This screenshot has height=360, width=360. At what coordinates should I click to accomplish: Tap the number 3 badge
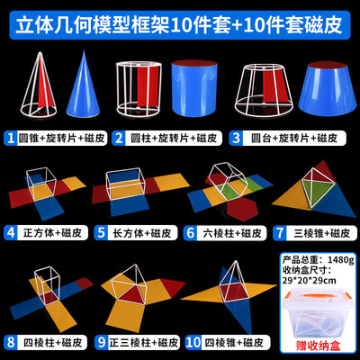237,139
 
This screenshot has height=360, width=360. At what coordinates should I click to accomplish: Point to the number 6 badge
191,232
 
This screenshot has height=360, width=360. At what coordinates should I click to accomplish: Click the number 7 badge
280,232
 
